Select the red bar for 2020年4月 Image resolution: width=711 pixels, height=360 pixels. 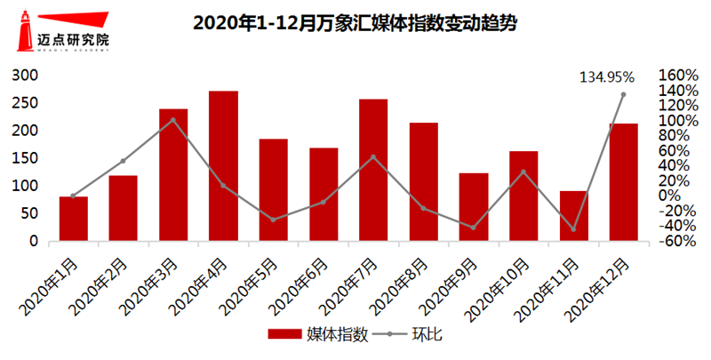pyautogui.click(x=223, y=165)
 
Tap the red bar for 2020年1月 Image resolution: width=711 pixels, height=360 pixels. pyautogui.click(x=74, y=219)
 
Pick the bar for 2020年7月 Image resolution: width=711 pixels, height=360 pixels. pyautogui.click(x=373, y=170)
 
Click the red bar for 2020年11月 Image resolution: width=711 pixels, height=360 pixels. pyautogui.click(x=573, y=216)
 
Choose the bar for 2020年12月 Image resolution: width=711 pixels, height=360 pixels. pyautogui.click(x=623, y=182)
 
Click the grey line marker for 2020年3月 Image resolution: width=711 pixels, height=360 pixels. pyautogui.click(x=173, y=120)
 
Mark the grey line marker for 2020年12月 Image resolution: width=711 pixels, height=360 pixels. pyautogui.click(x=623, y=94)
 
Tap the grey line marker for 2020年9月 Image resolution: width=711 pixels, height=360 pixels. pyautogui.click(x=473, y=228)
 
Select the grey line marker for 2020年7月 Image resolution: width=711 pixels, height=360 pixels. pyautogui.click(x=373, y=157)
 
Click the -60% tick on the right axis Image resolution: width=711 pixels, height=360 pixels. pyautogui.click(x=678, y=241)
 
